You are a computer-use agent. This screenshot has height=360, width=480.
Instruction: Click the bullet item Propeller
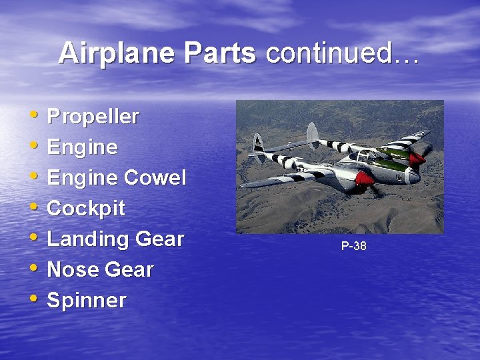pyautogui.click(x=93, y=117)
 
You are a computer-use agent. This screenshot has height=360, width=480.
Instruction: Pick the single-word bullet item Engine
pyautogui.click(x=82, y=147)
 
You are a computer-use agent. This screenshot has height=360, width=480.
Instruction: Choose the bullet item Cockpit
pyautogui.click(x=86, y=208)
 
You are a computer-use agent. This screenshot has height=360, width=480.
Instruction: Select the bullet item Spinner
pyautogui.click(x=86, y=301)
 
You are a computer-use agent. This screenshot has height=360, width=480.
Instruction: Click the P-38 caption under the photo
pyautogui.click(x=353, y=246)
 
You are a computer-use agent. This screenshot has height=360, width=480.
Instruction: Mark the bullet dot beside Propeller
pyautogui.click(x=34, y=117)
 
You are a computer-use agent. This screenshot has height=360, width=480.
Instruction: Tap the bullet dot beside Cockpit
pyautogui.click(x=34, y=208)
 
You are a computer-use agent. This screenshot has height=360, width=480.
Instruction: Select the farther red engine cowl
pyautogui.click(x=417, y=158)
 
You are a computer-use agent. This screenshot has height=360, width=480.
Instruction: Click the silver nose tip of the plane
pyautogui.click(x=414, y=177)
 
